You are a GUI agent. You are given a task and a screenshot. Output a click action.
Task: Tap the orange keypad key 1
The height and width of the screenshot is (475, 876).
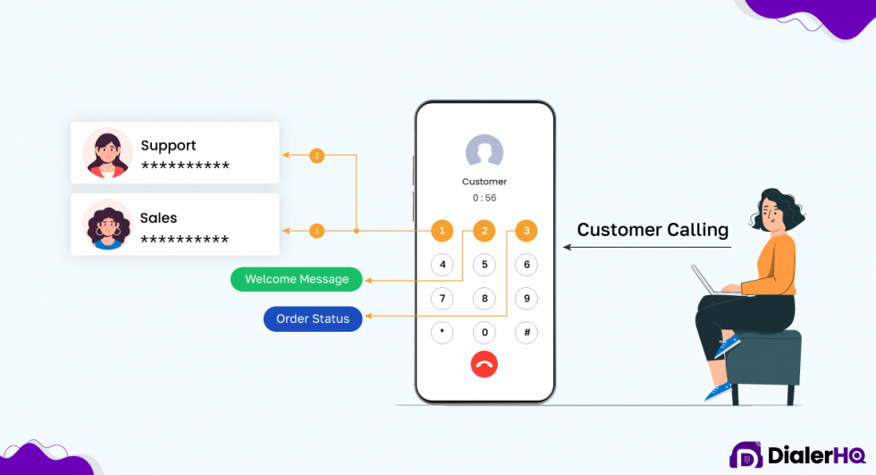pos(442,231)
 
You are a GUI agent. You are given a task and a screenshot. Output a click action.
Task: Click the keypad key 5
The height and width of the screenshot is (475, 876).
pos(484,265)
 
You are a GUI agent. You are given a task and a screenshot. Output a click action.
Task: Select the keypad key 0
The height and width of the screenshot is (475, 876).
pos(484,333)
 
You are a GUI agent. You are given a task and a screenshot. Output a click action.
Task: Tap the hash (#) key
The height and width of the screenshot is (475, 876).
pos(526,333)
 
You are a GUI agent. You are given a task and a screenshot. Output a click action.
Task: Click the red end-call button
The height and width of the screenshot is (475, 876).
pos(484,364)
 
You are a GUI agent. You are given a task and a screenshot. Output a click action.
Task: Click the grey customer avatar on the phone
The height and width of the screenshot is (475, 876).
pos(484,152)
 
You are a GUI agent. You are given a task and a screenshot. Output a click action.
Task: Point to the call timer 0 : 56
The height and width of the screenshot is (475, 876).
pos(484,198)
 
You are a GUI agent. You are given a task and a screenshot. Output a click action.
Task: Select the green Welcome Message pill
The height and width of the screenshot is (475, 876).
pos(297,279)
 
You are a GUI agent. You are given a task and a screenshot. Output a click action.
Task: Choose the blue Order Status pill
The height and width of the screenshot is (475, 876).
pos(313,319)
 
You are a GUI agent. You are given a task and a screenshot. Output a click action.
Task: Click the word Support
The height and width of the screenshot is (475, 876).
pos(168,146)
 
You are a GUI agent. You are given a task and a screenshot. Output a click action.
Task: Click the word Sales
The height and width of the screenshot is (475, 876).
pos(158,218)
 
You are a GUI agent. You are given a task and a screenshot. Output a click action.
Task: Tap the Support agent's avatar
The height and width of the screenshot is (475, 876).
pos(107,152)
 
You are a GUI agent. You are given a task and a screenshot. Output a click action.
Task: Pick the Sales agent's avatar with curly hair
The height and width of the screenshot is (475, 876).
pos(107,225)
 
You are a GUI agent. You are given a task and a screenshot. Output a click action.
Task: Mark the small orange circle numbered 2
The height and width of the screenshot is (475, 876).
pos(316,156)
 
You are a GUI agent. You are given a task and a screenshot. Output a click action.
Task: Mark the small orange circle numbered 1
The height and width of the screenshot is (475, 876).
pos(316,231)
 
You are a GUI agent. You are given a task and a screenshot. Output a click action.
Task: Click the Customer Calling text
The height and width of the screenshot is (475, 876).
pos(653,230)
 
